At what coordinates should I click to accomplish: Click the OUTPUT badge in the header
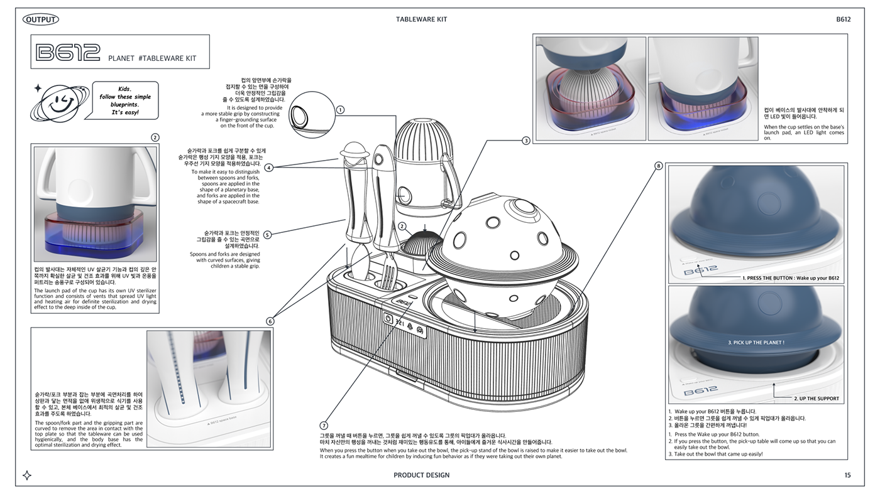click(41, 19)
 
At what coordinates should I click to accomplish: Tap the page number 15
click(847, 475)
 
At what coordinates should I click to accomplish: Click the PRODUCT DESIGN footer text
click(421, 475)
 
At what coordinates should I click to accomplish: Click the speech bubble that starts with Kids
click(125, 100)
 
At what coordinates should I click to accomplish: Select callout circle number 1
click(340, 109)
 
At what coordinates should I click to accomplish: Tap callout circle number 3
click(526, 141)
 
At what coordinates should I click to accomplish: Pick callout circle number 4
click(268, 168)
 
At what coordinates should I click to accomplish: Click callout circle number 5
click(267, 235)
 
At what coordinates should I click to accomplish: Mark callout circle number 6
click(270, 321)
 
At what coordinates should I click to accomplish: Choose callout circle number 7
click(324, 426)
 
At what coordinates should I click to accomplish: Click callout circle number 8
click(658, 166)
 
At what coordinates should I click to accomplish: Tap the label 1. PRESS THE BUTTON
click(790, 277)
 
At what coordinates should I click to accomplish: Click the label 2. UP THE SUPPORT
click(816, 399)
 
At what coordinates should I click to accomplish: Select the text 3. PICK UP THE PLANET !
click(756, 343)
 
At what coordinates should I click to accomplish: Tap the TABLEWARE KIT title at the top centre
click(421, 19)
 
